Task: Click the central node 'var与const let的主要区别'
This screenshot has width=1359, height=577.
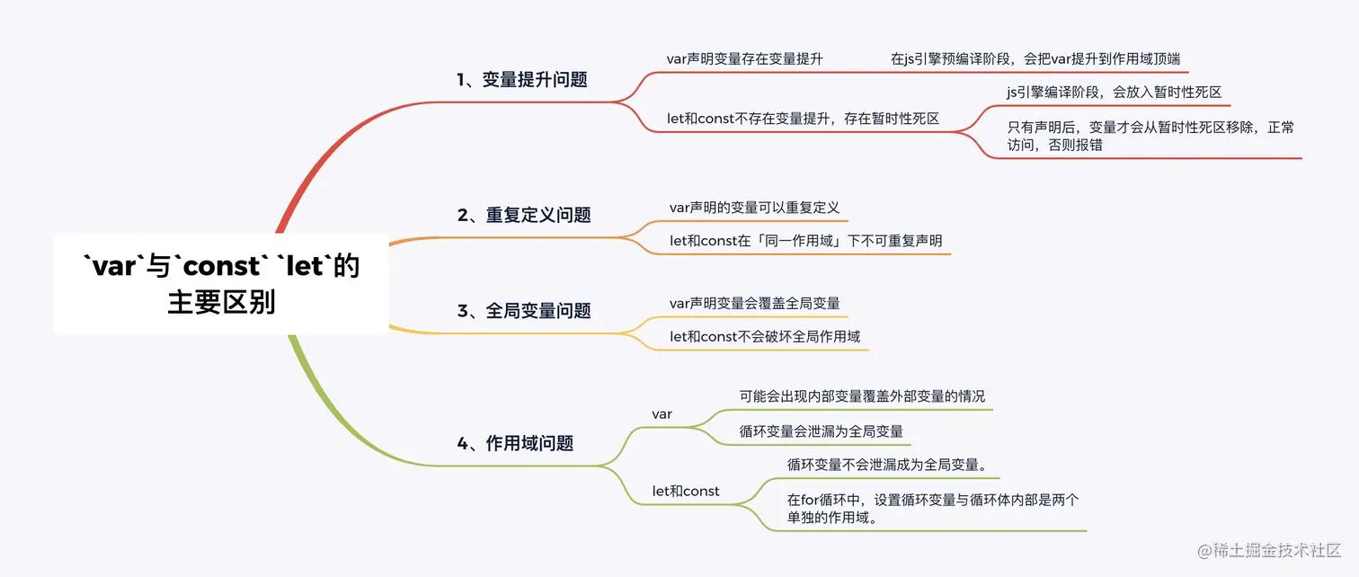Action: click(x=221, y=284)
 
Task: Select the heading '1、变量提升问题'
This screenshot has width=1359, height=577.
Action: click(x=521, y=79)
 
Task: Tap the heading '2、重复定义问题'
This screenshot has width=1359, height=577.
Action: click(x=524, y=215)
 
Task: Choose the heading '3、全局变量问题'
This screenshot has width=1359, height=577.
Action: click(x=524, y=311)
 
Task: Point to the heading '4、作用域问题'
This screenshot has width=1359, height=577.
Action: click(x=515, y=443)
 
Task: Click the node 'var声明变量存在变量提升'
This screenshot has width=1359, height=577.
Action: click(x=744, y=58)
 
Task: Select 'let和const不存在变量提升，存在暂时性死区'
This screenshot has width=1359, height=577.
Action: click(x=803, y=118)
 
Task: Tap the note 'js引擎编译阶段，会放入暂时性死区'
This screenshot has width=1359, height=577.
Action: click(x=1114, y=92)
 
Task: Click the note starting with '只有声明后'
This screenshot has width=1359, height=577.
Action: click(x=1150, y=136)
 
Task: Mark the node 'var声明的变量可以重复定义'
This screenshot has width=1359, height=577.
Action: click(x=754, y=208)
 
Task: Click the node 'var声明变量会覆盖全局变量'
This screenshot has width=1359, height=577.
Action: click(x=754, y=303)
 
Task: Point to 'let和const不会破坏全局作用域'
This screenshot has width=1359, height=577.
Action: click(x=765, y=336)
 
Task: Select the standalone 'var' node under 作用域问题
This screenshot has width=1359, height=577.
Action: click(x=662, y=414)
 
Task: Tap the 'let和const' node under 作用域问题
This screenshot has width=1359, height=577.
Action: click(x=686, y=491)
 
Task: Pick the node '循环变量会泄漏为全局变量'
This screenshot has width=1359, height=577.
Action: click(x=821, y=431)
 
